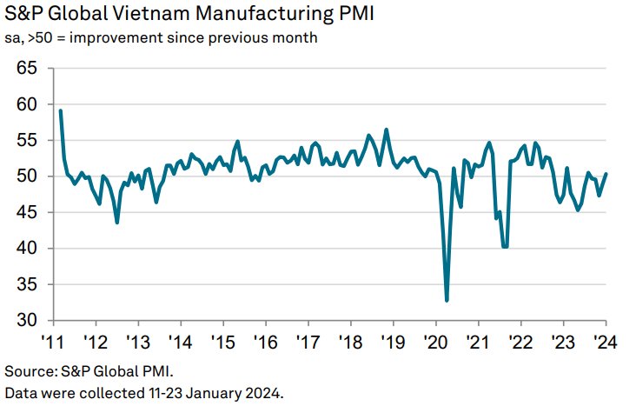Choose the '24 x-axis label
[605, 340]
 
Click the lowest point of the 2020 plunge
[447, 301]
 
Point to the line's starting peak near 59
[60, 110]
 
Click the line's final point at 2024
[606, 174]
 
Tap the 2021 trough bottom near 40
[504, 247]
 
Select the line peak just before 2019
[386, 130]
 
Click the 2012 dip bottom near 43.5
[117, 223]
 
